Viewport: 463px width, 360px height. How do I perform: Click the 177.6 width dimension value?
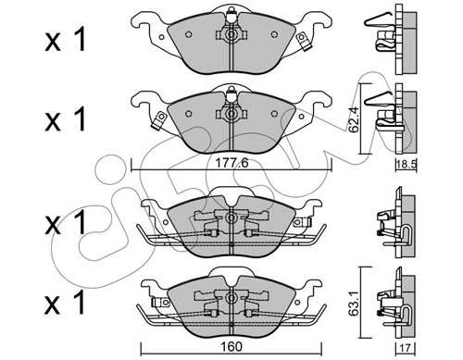(x=231, y=163)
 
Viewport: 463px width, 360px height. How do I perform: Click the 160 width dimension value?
(x=231, y=347)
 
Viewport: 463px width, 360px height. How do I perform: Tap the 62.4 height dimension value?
(x=354, y=119)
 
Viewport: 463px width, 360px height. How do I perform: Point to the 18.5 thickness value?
(x=407, y=165)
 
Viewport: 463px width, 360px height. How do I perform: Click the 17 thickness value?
(x=406, y=348)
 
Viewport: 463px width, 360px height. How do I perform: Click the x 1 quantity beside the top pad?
(x=66, y=41)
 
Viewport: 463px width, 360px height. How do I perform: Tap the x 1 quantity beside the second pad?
(x=66, y=119)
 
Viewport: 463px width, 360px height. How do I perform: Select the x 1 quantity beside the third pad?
(x=66, y=223)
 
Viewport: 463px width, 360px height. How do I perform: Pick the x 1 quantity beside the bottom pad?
(x=66, y=303)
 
